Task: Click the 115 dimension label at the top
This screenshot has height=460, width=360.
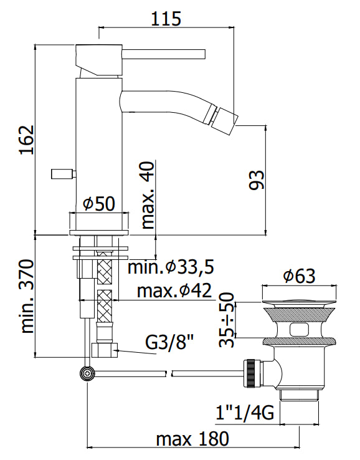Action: [x=166, y=19]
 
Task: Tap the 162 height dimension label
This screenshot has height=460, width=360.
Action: [x=27, y=140]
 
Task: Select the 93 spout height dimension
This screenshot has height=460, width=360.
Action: [x=257, y=180]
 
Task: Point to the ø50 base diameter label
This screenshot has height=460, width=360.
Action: [x=99, y=204]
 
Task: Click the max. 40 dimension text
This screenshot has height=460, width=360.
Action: [x=148, y=195]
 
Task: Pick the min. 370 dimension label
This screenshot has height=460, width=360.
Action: [x=27, y=296]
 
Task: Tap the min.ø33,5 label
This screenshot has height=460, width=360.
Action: [x=171, y=267]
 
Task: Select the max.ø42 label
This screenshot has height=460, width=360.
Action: [x=174, y=290]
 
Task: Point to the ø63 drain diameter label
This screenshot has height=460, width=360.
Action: [x=300, y=276]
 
